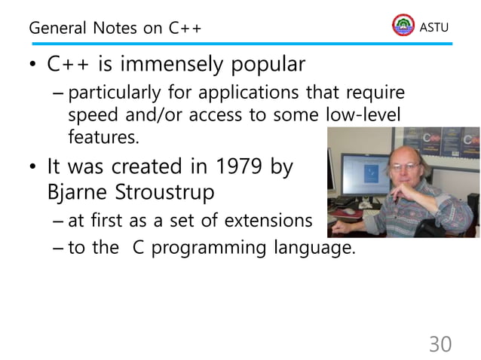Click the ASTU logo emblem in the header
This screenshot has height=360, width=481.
pos(403,26)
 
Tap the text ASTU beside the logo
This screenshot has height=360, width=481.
pos(434,27)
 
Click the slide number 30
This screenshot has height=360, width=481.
pos(440,344)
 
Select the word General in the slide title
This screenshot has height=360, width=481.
pos(59,29)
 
